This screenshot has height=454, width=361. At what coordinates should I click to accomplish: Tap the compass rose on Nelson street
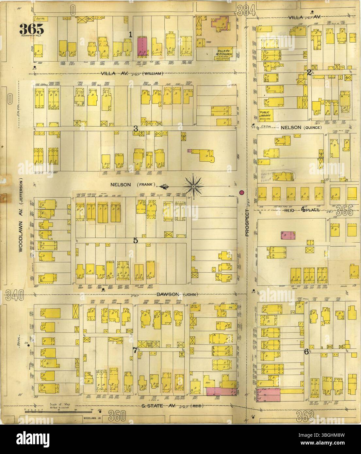tap(193, 186)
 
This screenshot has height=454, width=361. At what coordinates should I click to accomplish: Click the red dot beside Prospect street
tap(242, 193)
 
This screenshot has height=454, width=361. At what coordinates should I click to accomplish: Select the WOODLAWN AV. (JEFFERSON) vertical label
tap(21, 215)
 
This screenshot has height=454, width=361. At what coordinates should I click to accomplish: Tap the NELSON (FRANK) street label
tap(132, 185)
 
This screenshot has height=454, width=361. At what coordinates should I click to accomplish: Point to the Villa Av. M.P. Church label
tap(224, 53)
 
